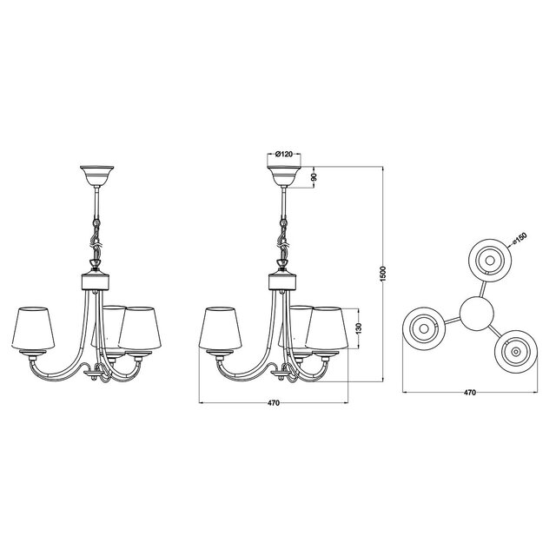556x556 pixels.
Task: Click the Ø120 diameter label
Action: pos(284,155)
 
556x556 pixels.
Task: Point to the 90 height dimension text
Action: pos(314,178)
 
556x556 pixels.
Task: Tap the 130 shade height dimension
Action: pos(358,332)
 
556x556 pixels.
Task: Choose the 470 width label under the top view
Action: pos(470,394)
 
